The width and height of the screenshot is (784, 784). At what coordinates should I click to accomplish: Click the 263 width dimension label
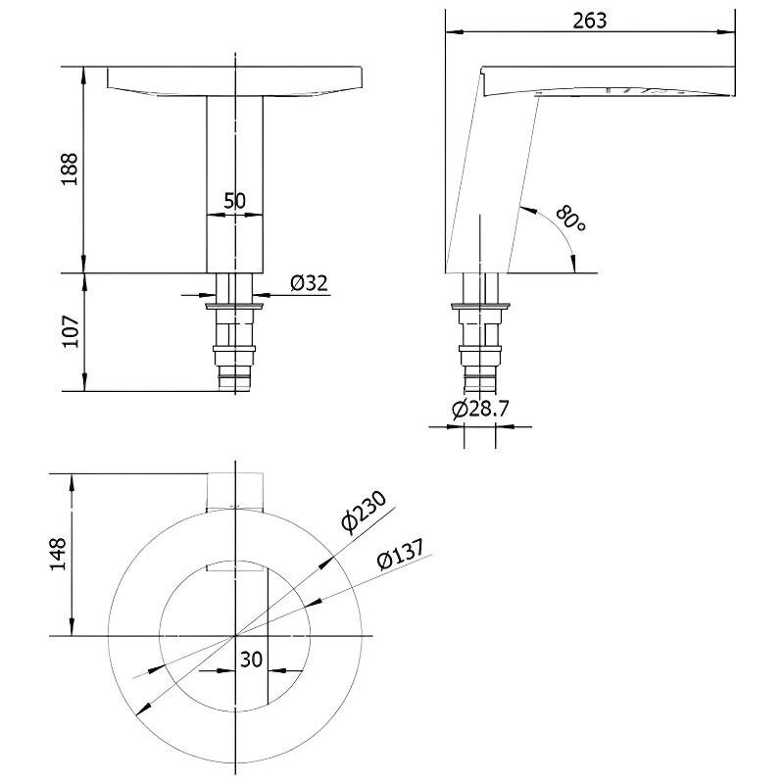pos(590,21)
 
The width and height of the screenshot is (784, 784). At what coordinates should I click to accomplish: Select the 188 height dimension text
pos(70,169)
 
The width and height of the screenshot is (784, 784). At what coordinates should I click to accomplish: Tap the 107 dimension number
pos(71,331)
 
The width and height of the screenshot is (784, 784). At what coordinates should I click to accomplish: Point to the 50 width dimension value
pos(234,201)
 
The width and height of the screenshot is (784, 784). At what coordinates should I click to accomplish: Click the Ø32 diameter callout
pos(309,283)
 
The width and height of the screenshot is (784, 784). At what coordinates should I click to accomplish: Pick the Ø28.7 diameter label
pos(480,410)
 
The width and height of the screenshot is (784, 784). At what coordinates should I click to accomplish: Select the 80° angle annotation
pos(570,218)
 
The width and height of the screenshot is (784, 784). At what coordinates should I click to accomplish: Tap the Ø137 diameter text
pos(401,554)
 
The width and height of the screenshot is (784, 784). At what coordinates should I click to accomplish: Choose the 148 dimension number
pos(58,554)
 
